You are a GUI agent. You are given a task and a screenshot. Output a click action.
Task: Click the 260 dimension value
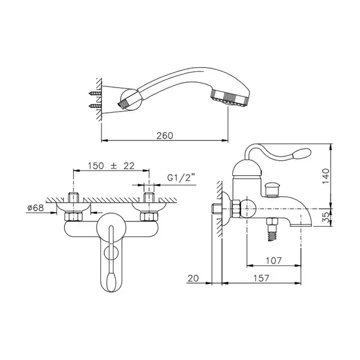coord(164,136)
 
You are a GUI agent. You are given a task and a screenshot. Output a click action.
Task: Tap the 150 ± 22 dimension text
coord(111,166)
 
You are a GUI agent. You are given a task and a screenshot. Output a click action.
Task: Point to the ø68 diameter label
coord(35,208)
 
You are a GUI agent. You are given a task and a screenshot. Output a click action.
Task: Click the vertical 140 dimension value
coord(326,176)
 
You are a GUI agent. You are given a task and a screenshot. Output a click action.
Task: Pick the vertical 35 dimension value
coord(326,217)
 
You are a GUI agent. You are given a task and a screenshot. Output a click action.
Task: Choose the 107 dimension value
coord(274,261)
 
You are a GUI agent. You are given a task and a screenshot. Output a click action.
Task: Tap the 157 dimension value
coord(261,278)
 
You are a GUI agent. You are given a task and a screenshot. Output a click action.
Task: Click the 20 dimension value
coord(193,278)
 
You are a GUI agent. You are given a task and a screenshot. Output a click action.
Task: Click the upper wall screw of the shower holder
coord(95,93)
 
